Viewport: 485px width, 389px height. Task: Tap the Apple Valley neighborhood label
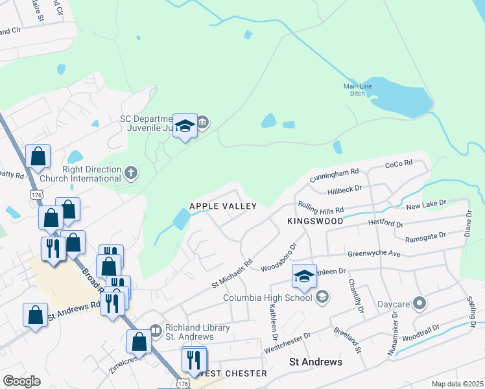coord(223,206)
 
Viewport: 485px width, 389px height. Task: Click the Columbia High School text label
coord(267,298)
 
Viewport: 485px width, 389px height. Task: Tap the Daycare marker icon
coord(420,303)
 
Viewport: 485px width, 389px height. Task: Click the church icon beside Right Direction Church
coord(130,172)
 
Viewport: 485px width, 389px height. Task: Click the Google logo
coord(21,381)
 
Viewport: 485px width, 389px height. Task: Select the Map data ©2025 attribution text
coord(457,384)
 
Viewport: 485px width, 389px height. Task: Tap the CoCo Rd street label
coord(399,165)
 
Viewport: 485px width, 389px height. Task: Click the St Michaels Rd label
coord(231,275)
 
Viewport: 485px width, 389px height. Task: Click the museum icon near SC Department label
coord(202,122)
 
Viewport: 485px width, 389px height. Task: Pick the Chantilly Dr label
coord(354,295)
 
